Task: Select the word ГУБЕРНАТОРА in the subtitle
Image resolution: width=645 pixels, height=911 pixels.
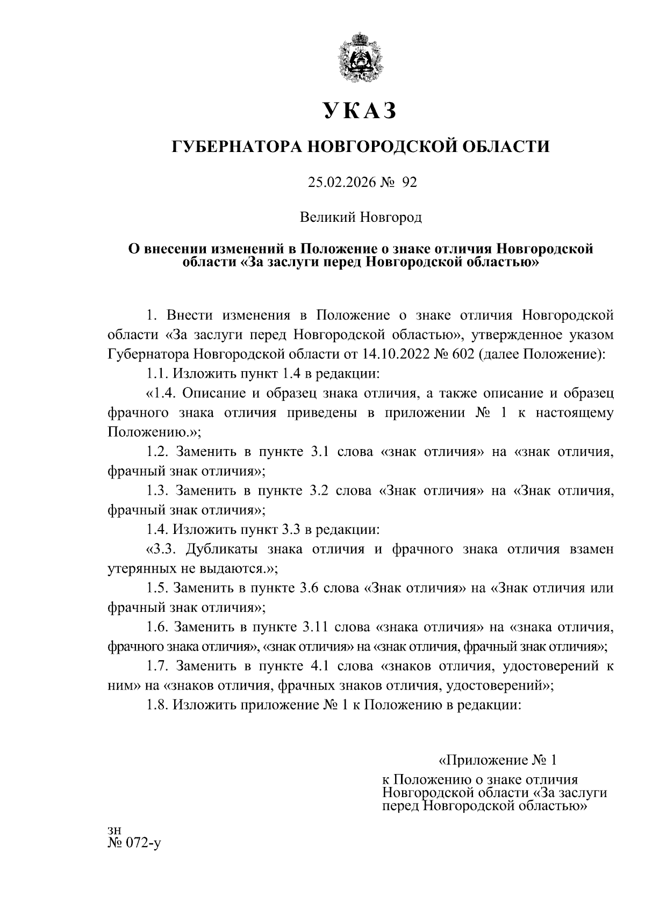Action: click(x=235, y=146)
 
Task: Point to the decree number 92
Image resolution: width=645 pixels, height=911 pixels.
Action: click(x=410, y=183)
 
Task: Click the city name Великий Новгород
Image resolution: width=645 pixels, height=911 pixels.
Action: click(x=361, y=218)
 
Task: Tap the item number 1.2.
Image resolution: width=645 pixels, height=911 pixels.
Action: click(x=159, y=452)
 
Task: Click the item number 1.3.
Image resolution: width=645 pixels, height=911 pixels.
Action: click(x=159, y=491)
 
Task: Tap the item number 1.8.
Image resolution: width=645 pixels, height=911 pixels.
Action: click(x=159, y=705)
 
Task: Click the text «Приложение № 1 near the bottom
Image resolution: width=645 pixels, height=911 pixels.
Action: click(x=497, y=761)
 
